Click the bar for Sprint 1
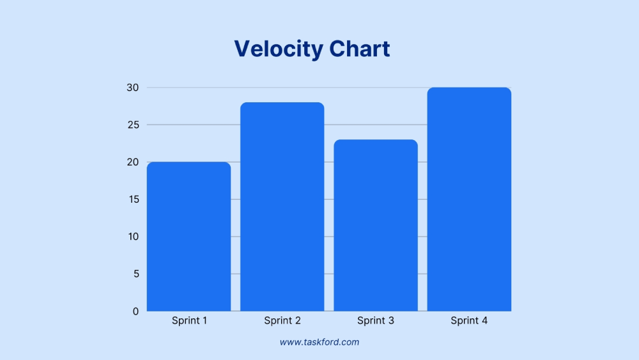tap(189, 237)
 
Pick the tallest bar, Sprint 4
tap(469, 199)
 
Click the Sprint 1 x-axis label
tap(189, 320)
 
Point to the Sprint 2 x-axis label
tap(282, 320)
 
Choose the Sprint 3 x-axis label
tap(376, 320)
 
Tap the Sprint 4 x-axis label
tap(469, 320)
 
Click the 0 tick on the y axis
tap(135, 311)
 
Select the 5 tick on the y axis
tap(135, 274)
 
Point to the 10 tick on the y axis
tap(133, 237)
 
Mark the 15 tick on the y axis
tap(133, 200)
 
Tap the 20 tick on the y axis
tap(133, 162)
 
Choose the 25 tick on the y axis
tap(133, 125)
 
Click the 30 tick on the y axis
tap(133, 88)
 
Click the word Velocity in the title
tap(279, 49)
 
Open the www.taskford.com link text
tap(319, 342)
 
